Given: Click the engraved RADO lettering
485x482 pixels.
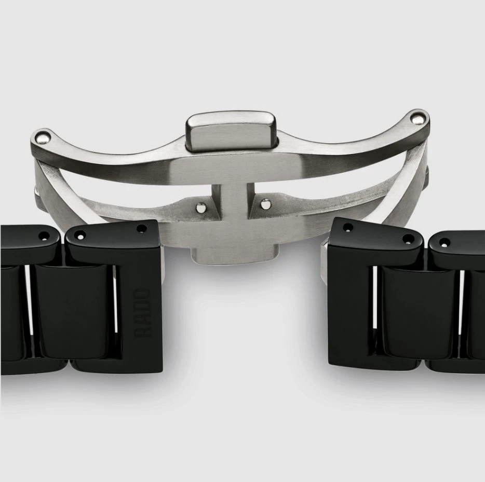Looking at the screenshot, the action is pos(143,312).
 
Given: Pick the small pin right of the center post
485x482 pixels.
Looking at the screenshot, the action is pos(265,204).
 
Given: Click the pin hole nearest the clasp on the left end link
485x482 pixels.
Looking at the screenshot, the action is pos(142,229).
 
